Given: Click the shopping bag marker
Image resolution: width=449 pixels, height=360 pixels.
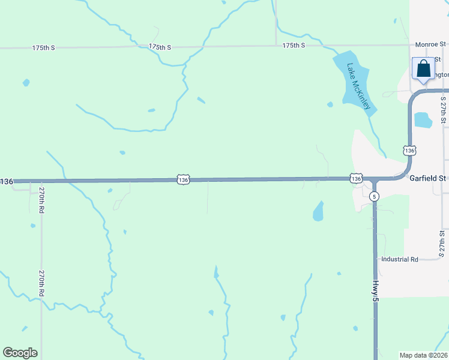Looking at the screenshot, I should pyautogui.click(x=423, y=68).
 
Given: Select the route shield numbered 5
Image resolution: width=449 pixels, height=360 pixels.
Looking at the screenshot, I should pyautogui.click(x=374, y=196).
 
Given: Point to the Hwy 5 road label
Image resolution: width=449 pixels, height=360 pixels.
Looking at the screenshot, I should pyautogui.click(x=376, y=289).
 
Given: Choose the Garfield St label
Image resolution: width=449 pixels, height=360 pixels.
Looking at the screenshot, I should pyautogui.click(x=428, y=178).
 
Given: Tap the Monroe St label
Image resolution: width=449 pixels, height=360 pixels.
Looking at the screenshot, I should pyautogui.click(x=432, y=44).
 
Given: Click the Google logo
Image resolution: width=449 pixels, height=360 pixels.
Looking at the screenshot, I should pyautogui.click(x=20, y=353).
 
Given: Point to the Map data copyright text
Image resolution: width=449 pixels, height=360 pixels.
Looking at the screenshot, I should pyautogui.click(x=424, y=355).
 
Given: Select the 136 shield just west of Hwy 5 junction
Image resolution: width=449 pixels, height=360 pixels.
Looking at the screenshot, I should pyautogui.click(x=356, y=178).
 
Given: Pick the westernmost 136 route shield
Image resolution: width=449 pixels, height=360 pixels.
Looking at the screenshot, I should pyautogui.click(x=6, y=181).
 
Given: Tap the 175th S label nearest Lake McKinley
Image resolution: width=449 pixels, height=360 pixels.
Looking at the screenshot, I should pyautogui.click(x=294, y=46).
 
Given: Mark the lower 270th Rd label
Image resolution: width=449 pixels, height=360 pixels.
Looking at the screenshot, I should pyautogui.click(x=41, y=282).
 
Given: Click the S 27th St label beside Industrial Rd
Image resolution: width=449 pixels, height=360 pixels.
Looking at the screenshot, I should pyautogui.click(x=442, y=244).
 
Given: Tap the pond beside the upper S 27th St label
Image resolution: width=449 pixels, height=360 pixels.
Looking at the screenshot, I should pyautogui.click(x=423, y=119).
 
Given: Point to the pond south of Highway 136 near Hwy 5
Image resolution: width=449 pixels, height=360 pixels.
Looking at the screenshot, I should pyautogui.click(x=318, y=211).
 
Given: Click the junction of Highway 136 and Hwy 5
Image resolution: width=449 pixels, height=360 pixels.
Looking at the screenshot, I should pyautogui.click(x=374, y=179).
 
